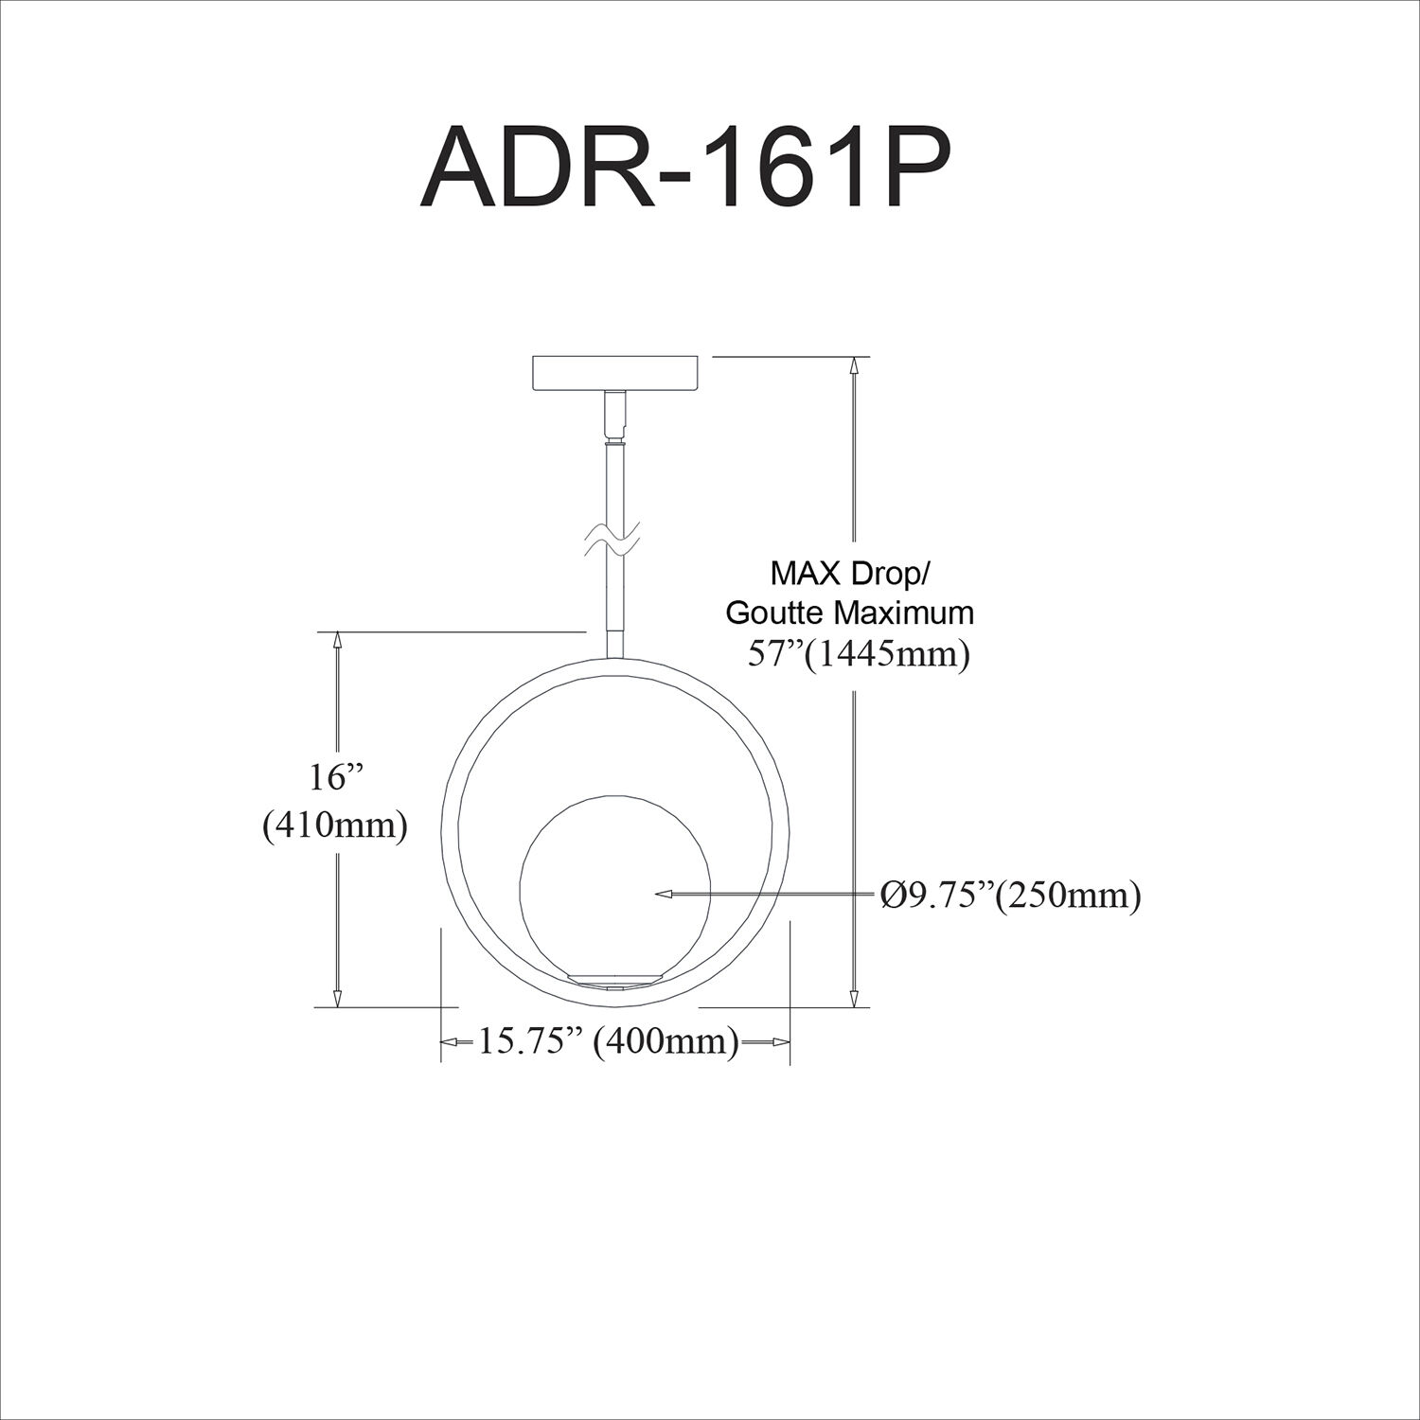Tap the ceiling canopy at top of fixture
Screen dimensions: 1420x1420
tap(617, 373)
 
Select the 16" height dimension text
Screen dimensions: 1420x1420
tap(335, 778)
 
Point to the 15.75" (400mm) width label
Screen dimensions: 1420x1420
tap(607, 1041)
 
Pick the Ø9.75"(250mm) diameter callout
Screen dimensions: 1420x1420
tap(1009, 894)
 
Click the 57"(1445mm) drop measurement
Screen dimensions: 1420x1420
tap(859, 654)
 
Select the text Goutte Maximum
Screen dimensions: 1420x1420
tap(849, 612)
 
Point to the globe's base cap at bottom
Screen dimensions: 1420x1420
tap(614, 981)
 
